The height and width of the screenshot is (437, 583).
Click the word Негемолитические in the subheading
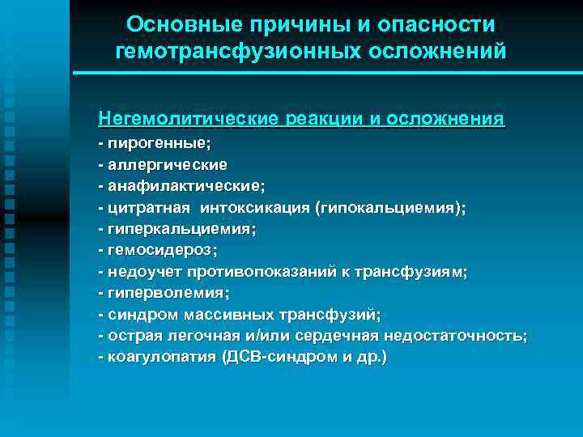(x=189, y=119)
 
